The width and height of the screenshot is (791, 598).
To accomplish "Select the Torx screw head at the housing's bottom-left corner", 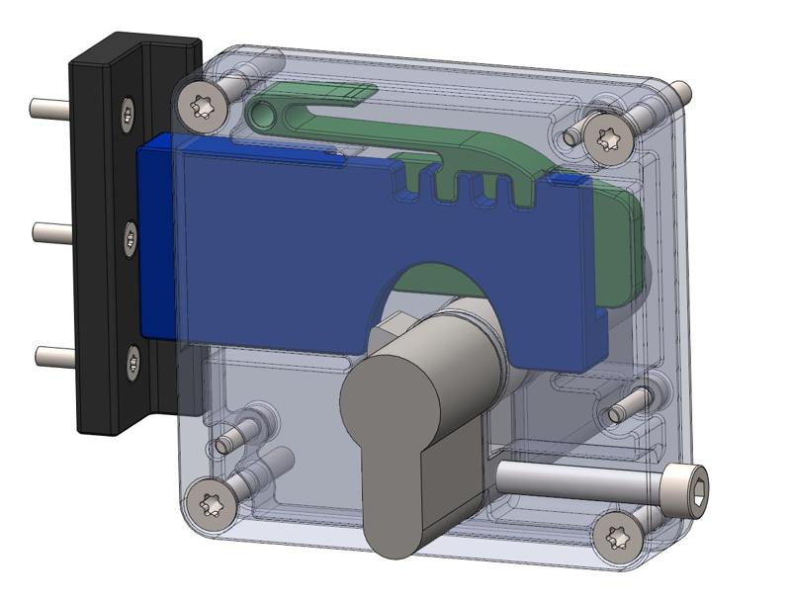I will (210, 504).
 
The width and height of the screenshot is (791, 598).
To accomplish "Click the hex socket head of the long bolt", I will (688, 487).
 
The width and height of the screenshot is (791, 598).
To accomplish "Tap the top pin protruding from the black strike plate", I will (47, 105).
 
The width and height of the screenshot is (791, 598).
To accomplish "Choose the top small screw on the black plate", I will (127, 113).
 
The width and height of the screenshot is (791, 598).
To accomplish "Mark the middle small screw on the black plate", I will (131, 237).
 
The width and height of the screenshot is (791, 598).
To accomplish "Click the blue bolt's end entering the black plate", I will (156, 237).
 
